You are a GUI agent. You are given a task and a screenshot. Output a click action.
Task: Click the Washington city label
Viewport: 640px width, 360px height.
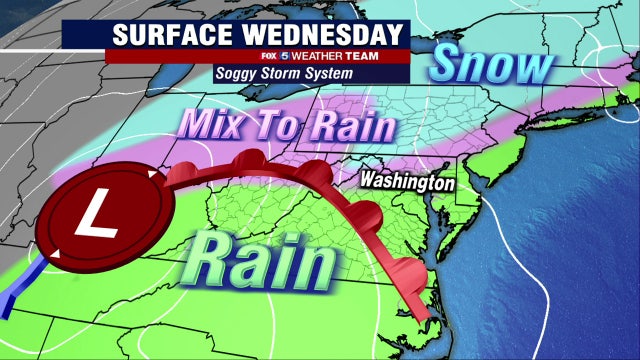point(407,183)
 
